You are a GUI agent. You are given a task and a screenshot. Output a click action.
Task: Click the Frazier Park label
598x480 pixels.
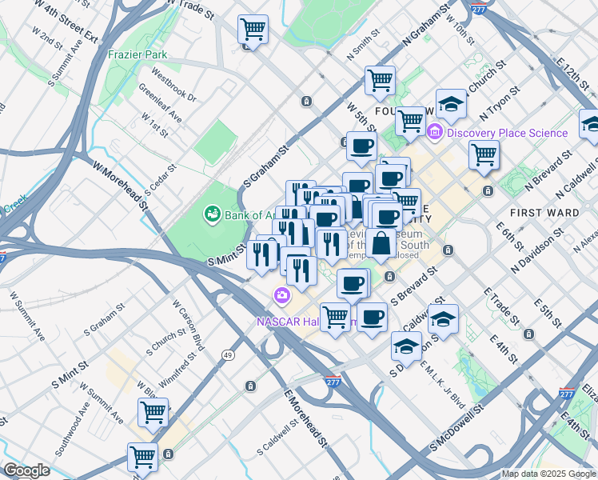pos(134,55)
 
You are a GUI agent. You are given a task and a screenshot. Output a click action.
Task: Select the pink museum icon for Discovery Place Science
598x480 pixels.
pos(436,132)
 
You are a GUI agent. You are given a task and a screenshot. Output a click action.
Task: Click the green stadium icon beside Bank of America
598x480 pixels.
pos(212,213)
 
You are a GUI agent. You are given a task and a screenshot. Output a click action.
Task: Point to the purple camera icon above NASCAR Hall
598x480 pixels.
pos(281,296)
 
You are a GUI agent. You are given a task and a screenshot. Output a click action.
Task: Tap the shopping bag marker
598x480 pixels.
pos(383,242)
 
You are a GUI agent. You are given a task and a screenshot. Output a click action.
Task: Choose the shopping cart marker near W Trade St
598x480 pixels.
pos(253,30)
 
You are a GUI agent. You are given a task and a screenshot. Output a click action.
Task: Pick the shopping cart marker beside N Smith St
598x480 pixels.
pos(380,79)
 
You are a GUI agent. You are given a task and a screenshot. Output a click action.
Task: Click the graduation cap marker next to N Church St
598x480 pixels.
pos(451,103)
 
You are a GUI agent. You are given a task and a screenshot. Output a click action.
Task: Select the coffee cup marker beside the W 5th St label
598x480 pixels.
pos(361,146)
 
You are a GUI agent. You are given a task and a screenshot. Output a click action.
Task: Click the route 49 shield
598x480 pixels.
pos(229,354)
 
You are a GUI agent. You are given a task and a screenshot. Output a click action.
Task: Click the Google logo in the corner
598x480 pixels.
pos(26,471)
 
